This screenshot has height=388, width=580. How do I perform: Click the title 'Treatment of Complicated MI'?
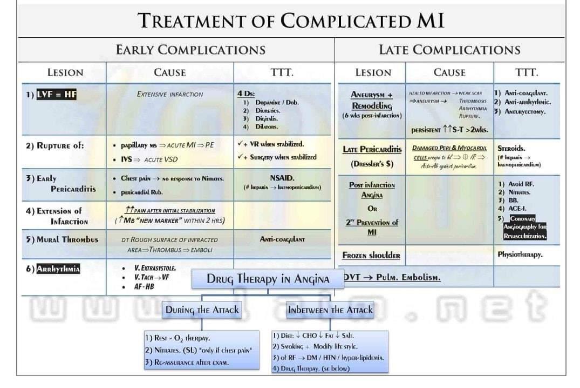coord(291,21)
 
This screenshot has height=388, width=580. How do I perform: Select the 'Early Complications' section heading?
coord(190,50)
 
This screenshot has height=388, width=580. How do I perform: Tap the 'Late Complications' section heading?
coord(449,50)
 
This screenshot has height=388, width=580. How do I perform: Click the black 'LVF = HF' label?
coord(56,94)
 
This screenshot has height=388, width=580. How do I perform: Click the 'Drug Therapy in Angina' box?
coord(268,279)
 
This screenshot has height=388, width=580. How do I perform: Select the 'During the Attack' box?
coord(202,310)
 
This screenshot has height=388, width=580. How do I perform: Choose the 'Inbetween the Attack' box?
coord(330,310)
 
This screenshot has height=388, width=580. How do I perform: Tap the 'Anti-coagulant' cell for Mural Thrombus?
coord(282,239)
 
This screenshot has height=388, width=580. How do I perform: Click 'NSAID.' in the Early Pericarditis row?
coord(282,178)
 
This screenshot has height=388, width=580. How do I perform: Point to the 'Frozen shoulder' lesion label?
coord(371,255)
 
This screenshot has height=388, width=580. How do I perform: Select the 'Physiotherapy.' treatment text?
coord(520,254)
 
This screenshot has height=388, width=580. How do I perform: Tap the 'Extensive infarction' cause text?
coord(170,94)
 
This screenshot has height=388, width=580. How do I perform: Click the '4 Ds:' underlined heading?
coord(246,93)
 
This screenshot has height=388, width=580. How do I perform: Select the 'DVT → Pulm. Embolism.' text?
coord(392,278)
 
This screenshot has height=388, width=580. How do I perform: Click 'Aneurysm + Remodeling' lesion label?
coord(372,100)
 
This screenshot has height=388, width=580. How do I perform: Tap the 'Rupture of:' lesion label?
coord(55,145)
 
